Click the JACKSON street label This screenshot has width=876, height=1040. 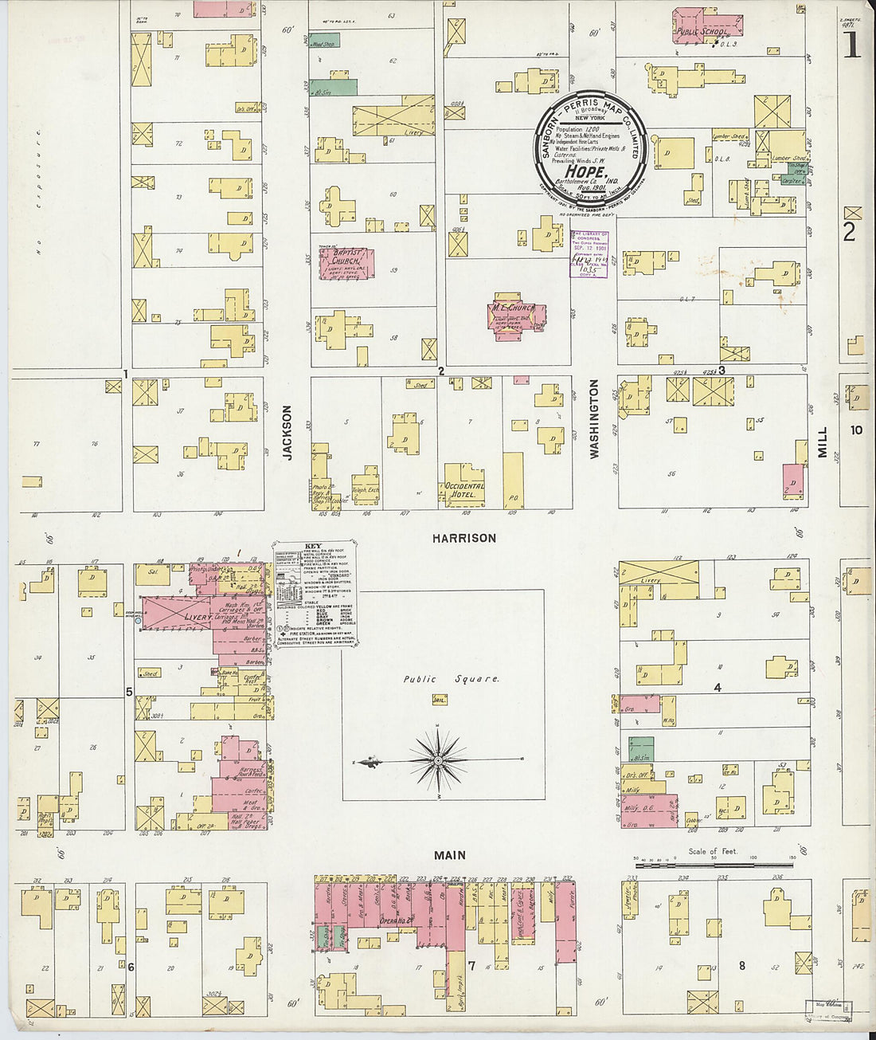pos(287,433)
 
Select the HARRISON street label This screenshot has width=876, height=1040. pos(464,539)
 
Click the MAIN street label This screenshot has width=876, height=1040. pos(449,855)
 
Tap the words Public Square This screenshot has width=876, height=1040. pos(451,680)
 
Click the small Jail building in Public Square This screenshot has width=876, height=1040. pos(437,699)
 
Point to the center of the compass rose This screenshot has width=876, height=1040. pos(438,761)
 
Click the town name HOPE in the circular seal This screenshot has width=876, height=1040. pos(587,171)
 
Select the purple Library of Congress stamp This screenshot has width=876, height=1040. pos(590,253)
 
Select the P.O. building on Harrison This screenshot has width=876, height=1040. pos(514,481)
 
